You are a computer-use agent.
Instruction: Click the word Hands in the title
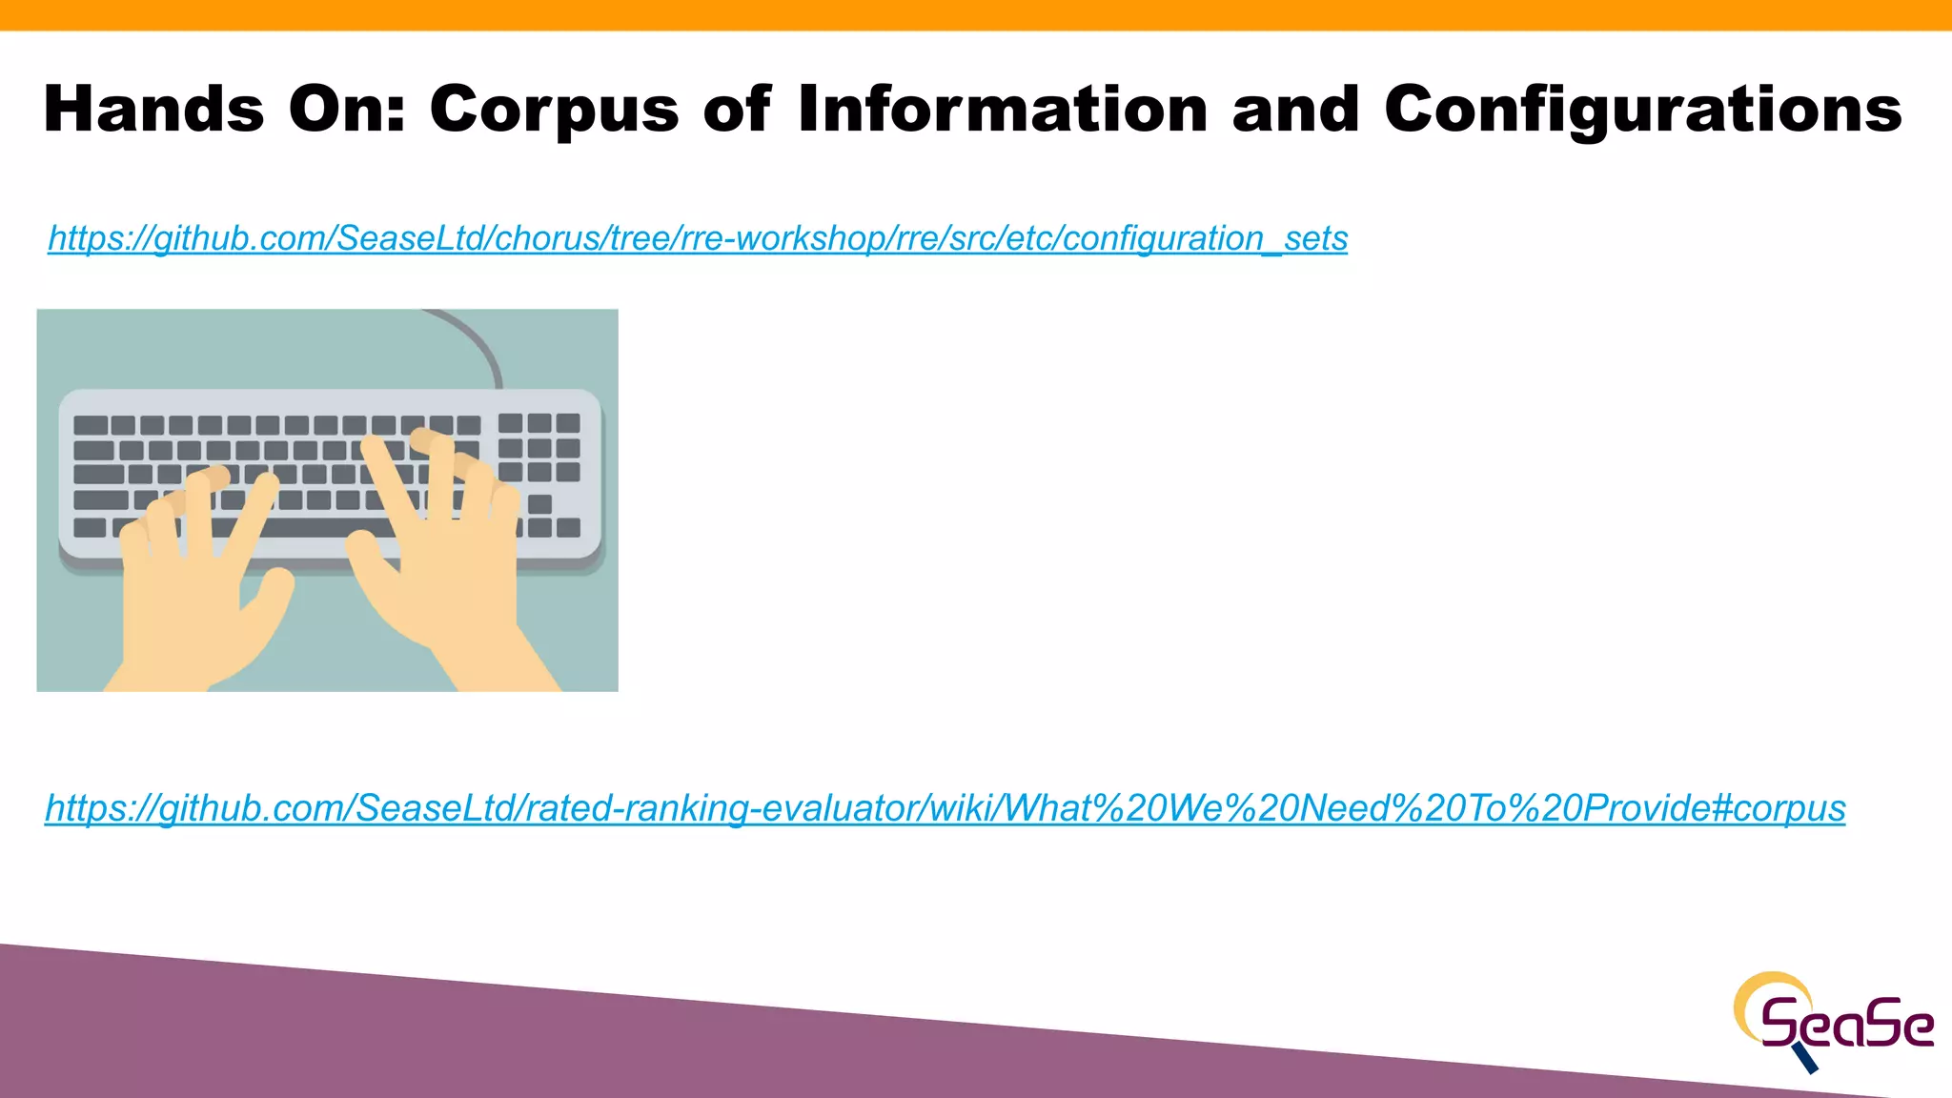[153, 109]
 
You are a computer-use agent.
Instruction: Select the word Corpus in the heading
[554, 111]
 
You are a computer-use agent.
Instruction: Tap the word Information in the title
[1003, 109]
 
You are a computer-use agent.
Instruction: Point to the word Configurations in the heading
[1642, 111]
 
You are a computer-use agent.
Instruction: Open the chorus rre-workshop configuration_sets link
[697, 238]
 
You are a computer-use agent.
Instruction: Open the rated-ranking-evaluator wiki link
[945, 808]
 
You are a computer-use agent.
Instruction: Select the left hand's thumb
[272, 591]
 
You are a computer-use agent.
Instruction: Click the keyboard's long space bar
[315, 528]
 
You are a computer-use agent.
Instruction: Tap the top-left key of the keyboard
[91, 425]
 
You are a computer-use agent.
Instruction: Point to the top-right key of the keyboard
[568, 423]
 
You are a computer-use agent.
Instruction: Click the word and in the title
[1295, 109]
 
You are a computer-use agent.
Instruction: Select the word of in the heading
[736, 109]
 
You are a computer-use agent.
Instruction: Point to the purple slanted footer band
[572, 1039]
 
